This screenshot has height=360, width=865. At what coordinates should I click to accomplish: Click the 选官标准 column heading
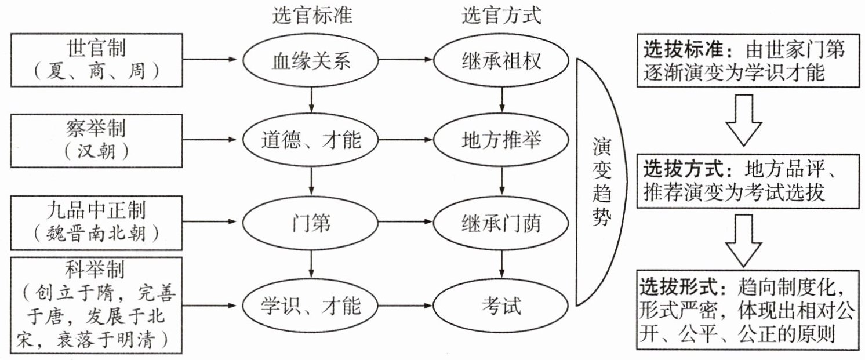[312, 17]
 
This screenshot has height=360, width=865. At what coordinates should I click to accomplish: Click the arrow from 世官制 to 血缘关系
[209, 60]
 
